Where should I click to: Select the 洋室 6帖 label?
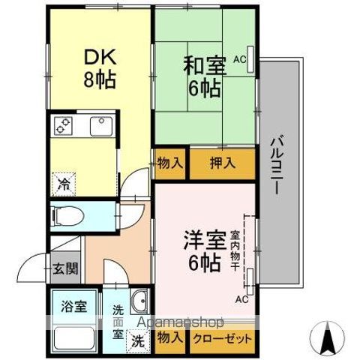203,253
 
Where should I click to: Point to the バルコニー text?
277,166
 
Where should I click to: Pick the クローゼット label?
223,338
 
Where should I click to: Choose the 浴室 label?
74,306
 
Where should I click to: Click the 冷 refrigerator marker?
65,181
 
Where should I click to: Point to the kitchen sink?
101,127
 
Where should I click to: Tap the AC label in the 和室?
240,58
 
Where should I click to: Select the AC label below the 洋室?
242,299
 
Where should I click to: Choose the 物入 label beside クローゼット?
170,338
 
